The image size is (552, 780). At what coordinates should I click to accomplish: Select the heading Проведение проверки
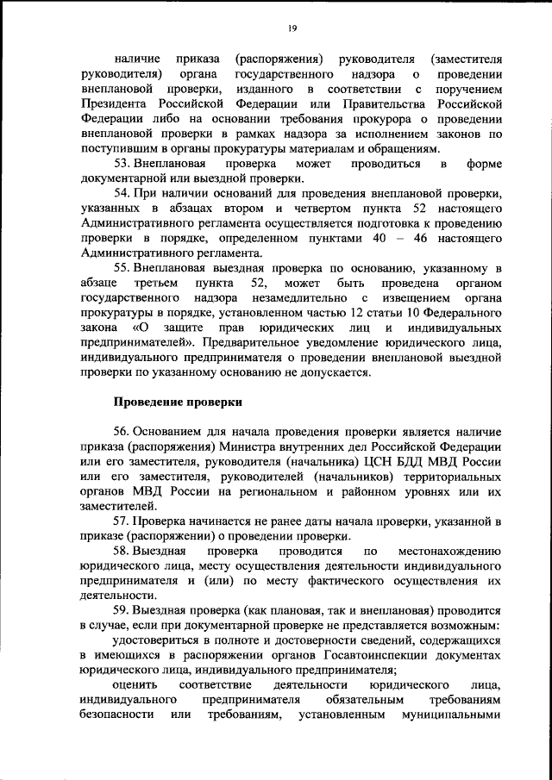pos(179,402)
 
